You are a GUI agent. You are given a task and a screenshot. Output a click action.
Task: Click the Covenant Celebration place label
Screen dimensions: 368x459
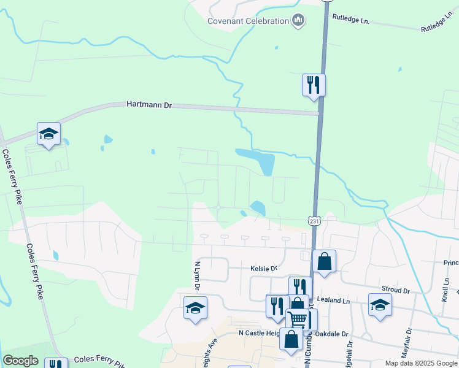tap(248, 21)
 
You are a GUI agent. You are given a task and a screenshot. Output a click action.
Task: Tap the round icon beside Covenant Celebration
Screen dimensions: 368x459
tap(298, 21)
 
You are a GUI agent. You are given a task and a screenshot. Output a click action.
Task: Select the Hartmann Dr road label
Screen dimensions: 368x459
tap(148, 105)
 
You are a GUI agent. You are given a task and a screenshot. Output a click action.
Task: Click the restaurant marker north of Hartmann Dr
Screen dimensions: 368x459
tap(314, 85)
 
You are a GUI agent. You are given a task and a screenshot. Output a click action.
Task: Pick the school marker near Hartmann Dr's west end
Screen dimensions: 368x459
tap(48, 134)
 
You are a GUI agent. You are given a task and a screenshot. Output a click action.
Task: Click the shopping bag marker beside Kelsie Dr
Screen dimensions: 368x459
tap(324, 261)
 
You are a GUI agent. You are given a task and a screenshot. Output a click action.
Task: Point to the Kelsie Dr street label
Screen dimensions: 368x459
tap(264, 269)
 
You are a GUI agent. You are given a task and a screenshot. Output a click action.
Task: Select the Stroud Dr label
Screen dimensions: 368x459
tap(396, 289)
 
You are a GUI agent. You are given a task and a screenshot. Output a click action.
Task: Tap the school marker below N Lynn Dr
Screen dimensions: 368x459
tap(195, 308)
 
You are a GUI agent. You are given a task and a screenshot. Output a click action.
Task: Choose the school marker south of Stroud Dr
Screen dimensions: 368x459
tap(380, 304)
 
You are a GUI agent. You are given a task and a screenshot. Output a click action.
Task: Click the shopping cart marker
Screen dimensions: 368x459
tap(298, 319)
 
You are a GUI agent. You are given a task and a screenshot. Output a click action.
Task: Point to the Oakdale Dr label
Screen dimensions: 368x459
tap(335, 334)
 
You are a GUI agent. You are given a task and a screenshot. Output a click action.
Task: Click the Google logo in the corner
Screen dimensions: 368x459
tap(20, 361)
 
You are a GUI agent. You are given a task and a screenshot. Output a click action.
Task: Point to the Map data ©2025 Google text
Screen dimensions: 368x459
tap(420, 363)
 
